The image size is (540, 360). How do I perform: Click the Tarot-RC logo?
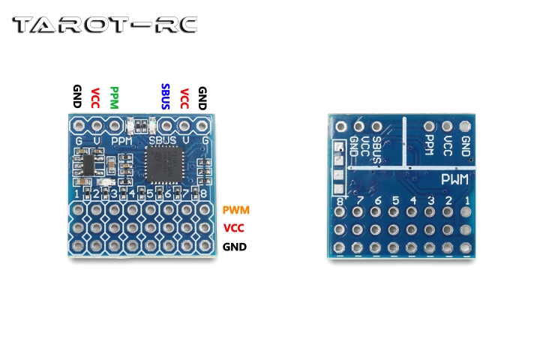[105, 25]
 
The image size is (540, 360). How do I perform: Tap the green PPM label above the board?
[114, 98]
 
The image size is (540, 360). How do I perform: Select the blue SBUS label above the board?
[166, 97]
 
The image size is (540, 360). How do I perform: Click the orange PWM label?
[235, 211]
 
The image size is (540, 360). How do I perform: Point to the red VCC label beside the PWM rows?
[235, 229]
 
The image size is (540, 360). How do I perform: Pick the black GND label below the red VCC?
[235, 247]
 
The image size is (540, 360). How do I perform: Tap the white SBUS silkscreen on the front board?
[163, 140]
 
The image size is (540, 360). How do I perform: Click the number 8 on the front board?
[204, 195]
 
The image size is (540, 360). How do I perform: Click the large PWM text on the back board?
[454, 180]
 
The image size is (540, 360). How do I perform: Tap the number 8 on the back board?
[340, 201]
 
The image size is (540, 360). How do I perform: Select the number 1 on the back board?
[467, 201]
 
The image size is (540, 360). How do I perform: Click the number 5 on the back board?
[395, 201]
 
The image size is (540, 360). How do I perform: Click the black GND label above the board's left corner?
[76, 97]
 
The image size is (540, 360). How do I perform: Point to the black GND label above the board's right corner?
[202, 97]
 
